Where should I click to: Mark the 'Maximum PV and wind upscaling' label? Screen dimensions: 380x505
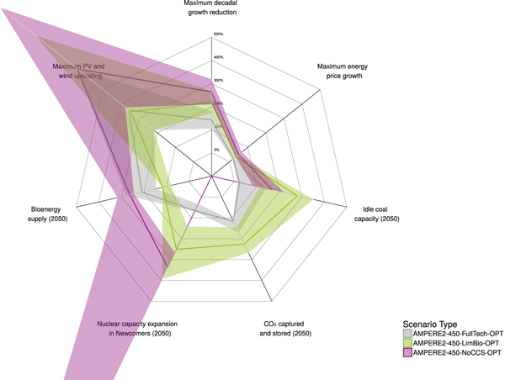[77, 71]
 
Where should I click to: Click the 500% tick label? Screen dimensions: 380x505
[218, 34]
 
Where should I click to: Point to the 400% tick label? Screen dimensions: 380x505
[218, 57]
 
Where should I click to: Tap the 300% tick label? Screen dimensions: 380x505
[218, 81]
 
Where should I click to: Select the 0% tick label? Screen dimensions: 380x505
[216, 150]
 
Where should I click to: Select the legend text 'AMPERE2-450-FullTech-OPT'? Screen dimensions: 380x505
[454, 333]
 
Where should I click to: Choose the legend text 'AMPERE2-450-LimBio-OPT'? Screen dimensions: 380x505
[452, 342]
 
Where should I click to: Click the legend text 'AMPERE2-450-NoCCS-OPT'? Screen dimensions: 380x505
[453, 352]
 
